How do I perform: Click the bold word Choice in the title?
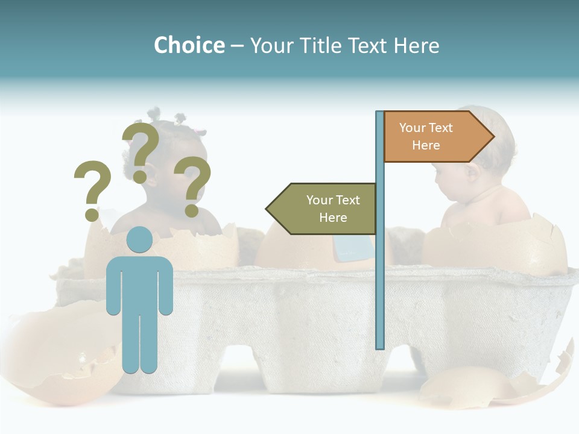click(189, 45)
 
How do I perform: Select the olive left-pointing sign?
click(322, 209)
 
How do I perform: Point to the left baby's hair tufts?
click(156, 115)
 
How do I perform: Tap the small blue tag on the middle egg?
click(352, 247)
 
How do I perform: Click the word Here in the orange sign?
click(426, 145)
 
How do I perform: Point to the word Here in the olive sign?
click(333, 218)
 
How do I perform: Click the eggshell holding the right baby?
click(495, 247)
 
